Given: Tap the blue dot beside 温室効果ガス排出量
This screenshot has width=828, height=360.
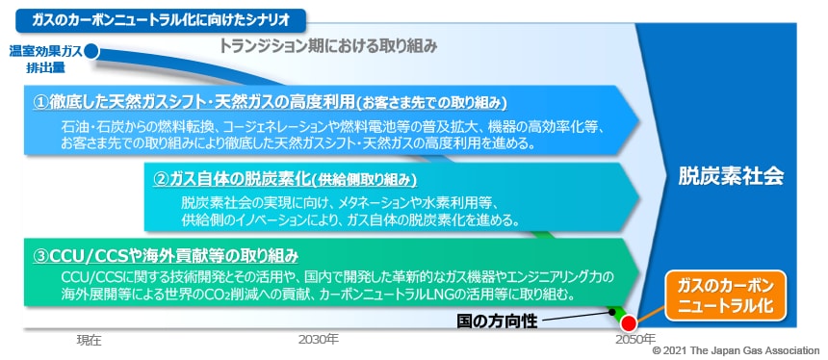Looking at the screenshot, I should click(x=91, y=52).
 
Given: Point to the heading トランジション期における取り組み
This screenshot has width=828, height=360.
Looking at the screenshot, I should click(x=328, y=45).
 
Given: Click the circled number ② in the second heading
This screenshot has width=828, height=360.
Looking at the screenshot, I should click(x=162, y=178).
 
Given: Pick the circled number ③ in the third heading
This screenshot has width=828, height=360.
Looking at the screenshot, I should click(x=42, y=255).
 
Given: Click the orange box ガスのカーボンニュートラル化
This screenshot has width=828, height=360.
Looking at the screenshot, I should click(x=726, y=297).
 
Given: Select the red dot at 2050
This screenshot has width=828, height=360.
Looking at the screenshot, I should click(x=630, y=324).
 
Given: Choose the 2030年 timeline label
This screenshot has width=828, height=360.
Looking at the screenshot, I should click(x=318, y=340).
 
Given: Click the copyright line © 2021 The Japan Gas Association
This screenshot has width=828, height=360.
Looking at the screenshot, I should click(x=736, y=352).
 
